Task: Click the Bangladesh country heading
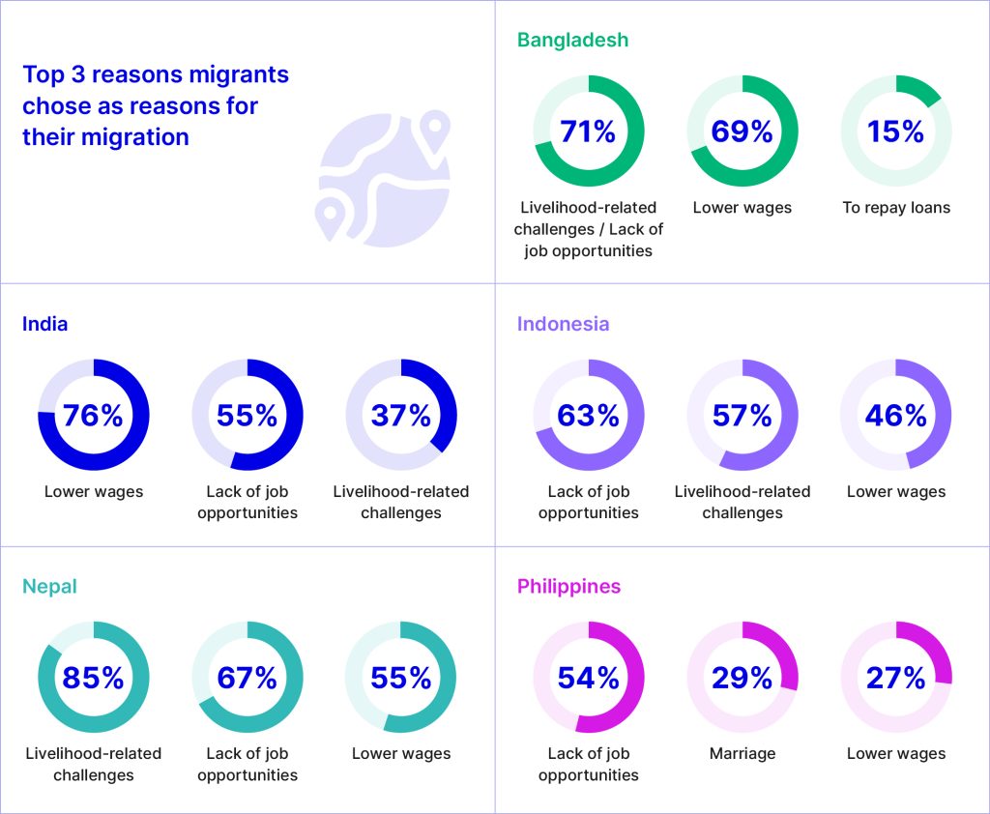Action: point(572,40)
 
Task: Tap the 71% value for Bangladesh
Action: point(588,131)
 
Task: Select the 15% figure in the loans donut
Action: point(896,131)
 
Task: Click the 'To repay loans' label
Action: point(896,208)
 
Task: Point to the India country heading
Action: point(45,324)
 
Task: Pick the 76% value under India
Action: point(93,415)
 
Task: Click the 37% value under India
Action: point(401,415)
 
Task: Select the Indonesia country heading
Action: point(563,324)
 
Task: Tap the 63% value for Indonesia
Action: point(588,415)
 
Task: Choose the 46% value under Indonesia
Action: point(896,415)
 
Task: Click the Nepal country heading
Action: point(49,587)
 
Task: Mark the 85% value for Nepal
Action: point(93,678)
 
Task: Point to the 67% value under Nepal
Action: point(247,678)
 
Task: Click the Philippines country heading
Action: point(568,587)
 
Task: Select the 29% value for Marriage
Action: point(742,678)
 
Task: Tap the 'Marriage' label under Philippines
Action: point(742,754)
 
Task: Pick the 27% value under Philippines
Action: point(896,678)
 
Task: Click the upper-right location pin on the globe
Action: point(436,125)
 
